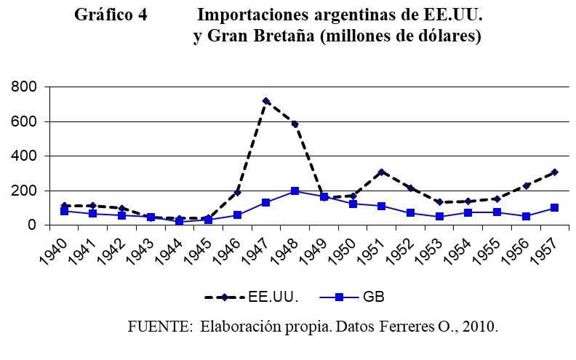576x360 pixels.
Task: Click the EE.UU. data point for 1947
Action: (266, 101)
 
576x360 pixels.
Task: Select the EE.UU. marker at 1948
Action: (295, 124)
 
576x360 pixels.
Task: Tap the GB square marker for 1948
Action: (295, 191)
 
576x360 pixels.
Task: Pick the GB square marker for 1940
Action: (65, 211)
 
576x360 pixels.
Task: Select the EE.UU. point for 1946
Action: (237, 192)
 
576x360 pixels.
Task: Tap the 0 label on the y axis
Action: (33, 225)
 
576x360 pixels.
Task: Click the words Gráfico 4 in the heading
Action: (111, 15)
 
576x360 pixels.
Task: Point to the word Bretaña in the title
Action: (281, 36)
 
